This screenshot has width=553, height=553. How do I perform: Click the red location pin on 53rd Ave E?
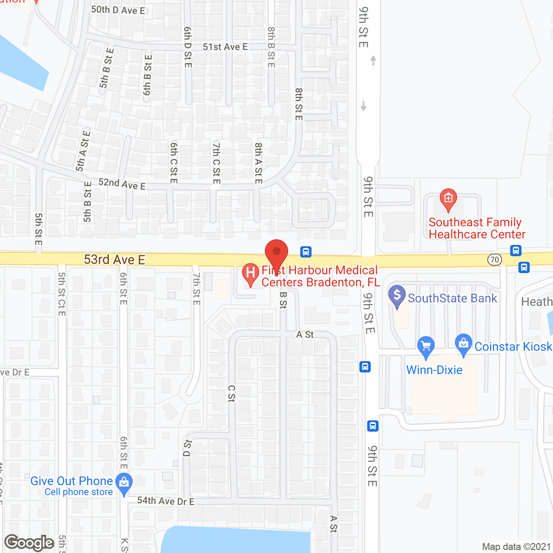pyautogui.click(x=276, y=253)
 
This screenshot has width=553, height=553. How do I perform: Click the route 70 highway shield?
pyautogui.click(x=495, y=260)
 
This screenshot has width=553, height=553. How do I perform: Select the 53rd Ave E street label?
pyautogui.click(x=114, y=260)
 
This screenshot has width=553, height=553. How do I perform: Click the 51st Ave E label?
pyautogui.click(x=225, y=47)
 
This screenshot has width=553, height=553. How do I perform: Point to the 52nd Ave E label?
pyautogui.click(x=122, y=184)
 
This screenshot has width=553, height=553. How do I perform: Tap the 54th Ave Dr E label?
pyautogui.click(x=165, y=501)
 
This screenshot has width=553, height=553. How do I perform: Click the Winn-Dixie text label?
pyautogui.click(x=434, y=370)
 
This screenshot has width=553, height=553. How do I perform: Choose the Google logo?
pyautogui.click(x=29, y=543)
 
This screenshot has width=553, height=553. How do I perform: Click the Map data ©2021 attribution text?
pyautogui.click(x=516, y=547)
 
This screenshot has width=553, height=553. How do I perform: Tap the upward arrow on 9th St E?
pyautogui.click(x=373, y=60)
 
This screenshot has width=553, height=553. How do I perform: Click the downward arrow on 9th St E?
pyautogui.click(x=364, y=105)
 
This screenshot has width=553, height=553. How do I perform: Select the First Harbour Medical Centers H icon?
pyautogui.click(x=250, y=273)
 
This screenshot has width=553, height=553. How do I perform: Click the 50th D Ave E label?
pyautogui.click(x=118, y=10)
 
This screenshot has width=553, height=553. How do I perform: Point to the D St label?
pyautogui.click(x=188, y=448)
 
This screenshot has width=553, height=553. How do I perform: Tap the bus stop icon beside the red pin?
pyautogui.click(x=305, y=251)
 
